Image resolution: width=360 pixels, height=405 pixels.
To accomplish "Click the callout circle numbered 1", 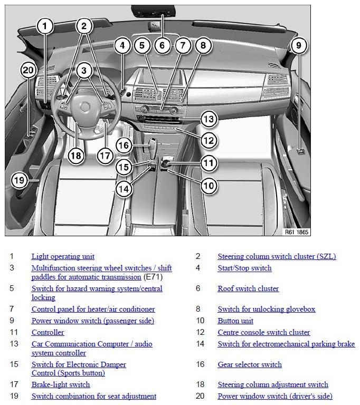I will tap(45, 26).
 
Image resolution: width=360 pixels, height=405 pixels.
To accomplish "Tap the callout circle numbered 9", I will tap(298, 46).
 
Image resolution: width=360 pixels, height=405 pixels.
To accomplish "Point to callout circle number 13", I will tap(209, 119).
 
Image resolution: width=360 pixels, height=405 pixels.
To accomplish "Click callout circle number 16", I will tap(123, 145).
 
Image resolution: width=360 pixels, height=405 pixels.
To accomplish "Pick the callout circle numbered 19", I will tap(19, 180).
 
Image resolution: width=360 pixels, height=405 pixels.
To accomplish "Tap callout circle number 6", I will tap(162, 45).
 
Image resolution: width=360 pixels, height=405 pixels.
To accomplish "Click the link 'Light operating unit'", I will tap(63, 257).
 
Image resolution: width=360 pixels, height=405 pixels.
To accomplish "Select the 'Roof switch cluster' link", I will tap(248, 288).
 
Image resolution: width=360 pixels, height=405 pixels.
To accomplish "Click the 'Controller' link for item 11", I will tap(48, 332).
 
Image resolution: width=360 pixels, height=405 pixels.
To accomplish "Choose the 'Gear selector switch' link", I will tap(250, 364).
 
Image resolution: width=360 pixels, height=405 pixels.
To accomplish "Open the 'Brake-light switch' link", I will tap(61, 384).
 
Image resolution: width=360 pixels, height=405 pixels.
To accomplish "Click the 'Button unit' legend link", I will tap(235, 321).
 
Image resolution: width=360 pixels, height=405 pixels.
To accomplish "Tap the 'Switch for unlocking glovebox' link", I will tap(266, 309).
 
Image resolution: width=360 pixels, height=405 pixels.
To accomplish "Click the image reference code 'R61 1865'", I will tap(297, 232).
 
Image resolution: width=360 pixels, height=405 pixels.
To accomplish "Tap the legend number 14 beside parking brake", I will tap(198, 344).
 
